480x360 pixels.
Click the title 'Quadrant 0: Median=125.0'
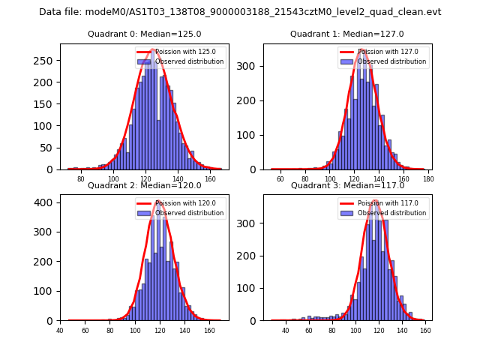pos(144,34)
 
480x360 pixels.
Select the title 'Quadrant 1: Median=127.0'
pos(346,34)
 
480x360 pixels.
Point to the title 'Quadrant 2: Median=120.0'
pos(144,185)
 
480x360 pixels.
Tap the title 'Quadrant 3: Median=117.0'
pos(346,185)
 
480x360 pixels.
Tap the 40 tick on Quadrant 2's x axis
pos(60,331)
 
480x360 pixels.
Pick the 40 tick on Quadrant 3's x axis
pos(286,331)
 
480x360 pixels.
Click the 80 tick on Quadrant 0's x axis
pos(81,179)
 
